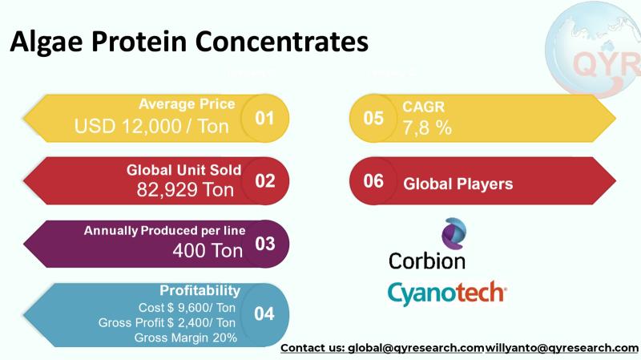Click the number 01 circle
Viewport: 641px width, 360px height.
tap(264, 118)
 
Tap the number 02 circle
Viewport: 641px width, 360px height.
tap(264, 180)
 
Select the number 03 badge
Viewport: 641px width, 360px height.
tap(264, 243)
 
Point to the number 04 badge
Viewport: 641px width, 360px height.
tap(264, 313)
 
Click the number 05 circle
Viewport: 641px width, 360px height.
tap(373, 118)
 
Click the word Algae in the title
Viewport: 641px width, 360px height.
tap(45, 42)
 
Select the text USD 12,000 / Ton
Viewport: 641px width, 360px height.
tap(151, 126)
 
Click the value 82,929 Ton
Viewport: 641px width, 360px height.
tap(185, 189)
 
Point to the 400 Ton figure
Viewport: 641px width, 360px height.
tap(207, 251)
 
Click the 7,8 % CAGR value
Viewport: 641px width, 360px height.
tap(428, 127)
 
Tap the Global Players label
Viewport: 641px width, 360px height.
tap(458, 184)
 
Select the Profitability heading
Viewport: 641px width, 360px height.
tap(200, 290)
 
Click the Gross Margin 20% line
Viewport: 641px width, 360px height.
tap(185, 338)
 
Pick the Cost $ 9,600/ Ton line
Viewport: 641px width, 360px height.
tap(187, 307)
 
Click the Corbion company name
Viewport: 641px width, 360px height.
tap(426, 261)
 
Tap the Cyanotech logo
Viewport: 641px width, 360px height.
tap(446, 293)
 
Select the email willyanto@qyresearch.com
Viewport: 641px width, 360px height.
tap(562, 348)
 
